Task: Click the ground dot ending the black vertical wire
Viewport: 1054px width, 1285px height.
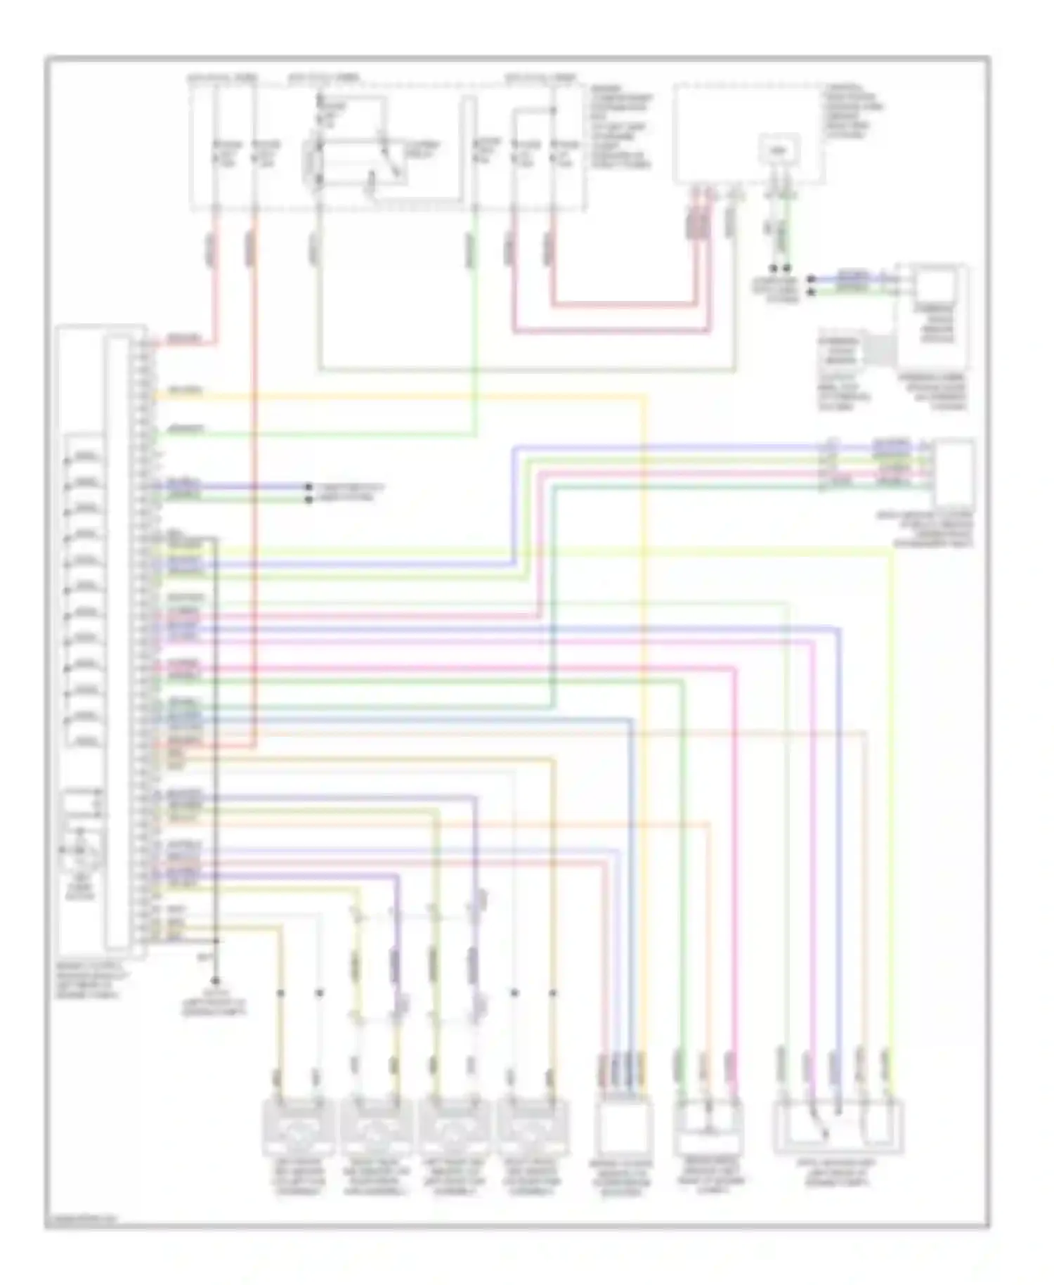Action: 216,981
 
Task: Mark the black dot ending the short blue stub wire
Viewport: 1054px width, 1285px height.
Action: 308,486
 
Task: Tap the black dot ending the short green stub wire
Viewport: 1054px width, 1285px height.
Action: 308,499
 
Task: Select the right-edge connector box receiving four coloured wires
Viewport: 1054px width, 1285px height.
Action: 954,472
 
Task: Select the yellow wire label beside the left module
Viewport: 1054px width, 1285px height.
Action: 186,391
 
